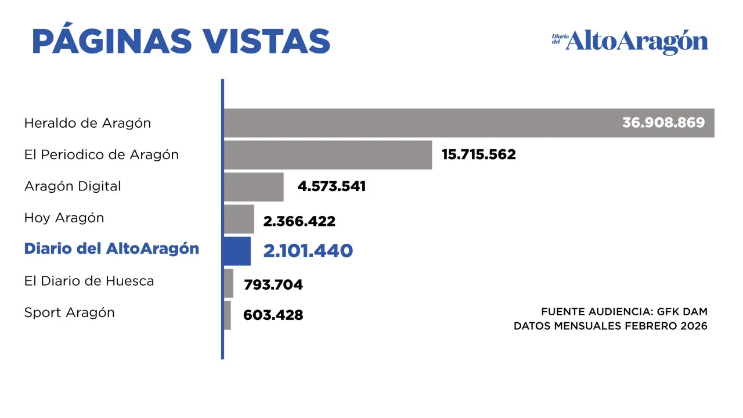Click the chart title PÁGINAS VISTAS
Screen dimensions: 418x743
pos(181,41)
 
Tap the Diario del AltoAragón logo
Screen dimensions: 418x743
pos(630,42)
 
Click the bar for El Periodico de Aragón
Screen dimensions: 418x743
pos(328,155)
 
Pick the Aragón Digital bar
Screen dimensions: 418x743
pos(254,187)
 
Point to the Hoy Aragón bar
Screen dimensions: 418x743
pos(239,219)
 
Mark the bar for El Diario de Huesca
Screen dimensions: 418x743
pos(229,283)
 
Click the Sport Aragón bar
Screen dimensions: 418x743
pos(228,315)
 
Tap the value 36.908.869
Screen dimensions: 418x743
pos(663,123)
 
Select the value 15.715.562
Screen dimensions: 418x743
pos(478,155)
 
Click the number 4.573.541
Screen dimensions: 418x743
pos(331,187)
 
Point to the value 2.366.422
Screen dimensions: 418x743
pos(299,221)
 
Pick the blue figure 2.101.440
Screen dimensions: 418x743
pos(308,251)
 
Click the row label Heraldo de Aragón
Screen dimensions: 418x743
pos(88,123)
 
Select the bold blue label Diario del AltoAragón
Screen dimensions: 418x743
pos(111,249)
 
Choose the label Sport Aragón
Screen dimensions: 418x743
pos(70,313)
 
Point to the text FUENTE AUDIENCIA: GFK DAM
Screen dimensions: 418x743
pos(624,312)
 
